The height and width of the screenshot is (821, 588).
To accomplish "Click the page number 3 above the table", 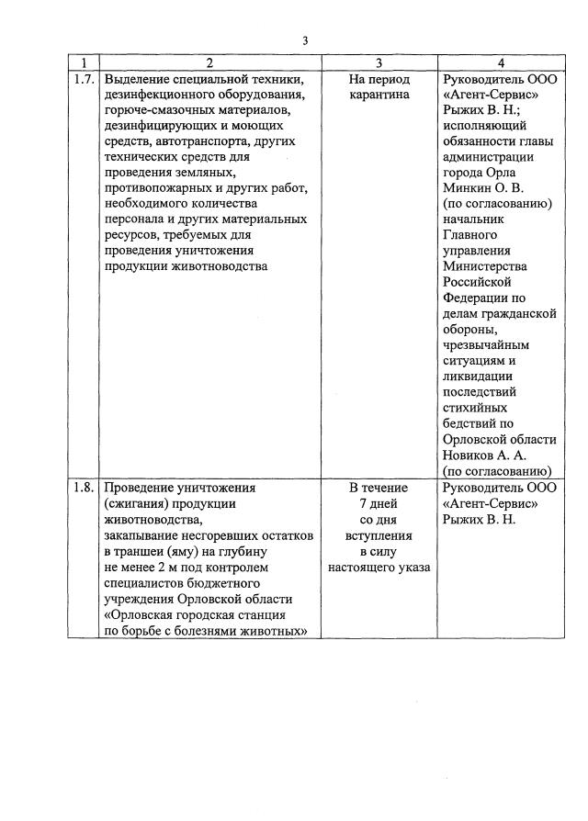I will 306,39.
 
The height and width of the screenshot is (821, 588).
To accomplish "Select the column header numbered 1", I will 84,63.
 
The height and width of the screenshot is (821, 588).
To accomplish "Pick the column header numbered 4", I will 501,63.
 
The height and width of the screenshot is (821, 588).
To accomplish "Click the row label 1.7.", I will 84,80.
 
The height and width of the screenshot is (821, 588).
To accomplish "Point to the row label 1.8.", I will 84,488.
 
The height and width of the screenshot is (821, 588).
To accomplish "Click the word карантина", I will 379,95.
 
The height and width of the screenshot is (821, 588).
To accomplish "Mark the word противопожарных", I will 160,188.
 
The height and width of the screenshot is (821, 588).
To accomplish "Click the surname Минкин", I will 469,188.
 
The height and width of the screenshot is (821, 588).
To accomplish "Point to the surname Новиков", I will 471,455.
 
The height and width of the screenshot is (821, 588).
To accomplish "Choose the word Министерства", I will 487,266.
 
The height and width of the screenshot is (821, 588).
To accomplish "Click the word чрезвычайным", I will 488,344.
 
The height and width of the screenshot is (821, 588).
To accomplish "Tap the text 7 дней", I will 379,503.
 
